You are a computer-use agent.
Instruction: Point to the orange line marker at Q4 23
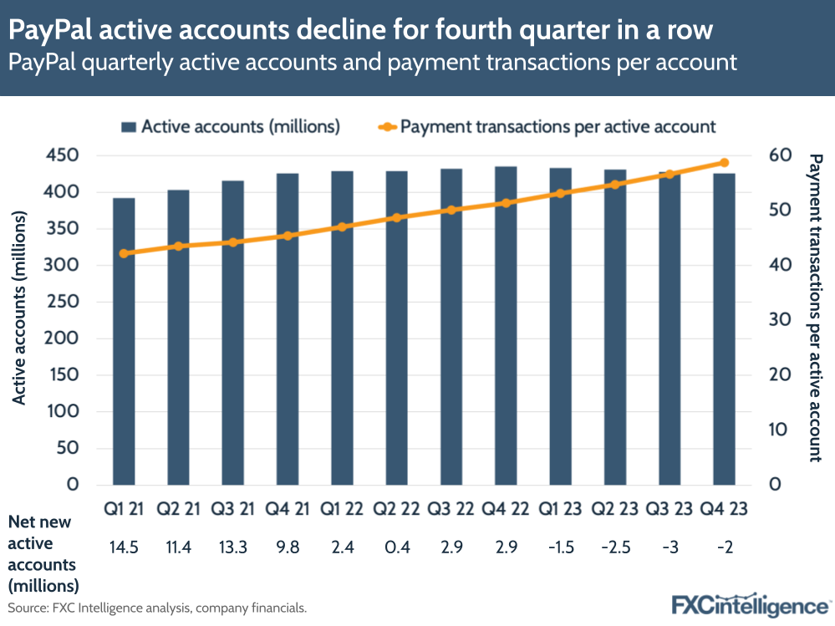724,163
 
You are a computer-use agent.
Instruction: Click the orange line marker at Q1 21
124,253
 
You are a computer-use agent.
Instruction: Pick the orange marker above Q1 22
342,226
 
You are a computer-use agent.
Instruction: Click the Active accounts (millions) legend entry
231,127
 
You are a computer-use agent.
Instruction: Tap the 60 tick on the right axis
778,155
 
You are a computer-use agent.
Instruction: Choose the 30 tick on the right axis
778,320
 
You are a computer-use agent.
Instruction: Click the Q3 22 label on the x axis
451,509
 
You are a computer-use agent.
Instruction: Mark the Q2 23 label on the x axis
614,509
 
